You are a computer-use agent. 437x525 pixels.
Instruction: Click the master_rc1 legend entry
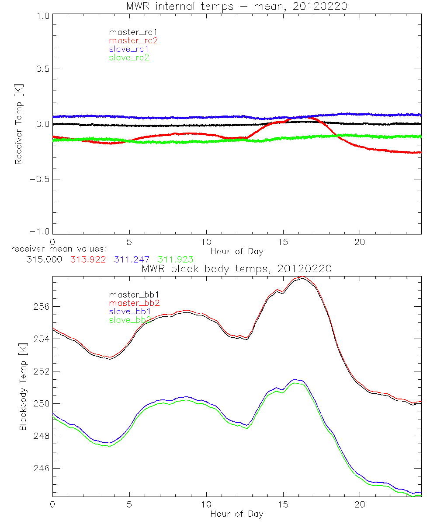click(x=129, y=32)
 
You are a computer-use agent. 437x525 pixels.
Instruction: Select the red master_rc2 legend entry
click(x=133, y=40)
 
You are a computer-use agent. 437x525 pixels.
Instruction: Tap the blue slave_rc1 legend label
click(x=129, y=49)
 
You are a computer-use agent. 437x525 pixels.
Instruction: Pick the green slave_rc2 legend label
click(x=129, y=57)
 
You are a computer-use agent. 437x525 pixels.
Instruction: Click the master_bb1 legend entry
click(x=129, y=294)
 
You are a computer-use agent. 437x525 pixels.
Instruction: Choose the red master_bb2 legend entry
click(x=134, y=303)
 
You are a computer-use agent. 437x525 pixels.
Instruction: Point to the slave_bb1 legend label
click(x=129, y=311)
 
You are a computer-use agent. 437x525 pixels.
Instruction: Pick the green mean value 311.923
click(x=176, y=259)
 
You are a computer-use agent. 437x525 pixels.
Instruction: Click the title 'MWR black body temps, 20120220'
click(x=236, y=269)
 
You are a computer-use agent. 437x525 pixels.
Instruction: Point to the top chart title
click(x=236, y=7)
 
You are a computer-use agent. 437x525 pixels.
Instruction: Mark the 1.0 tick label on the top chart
click(x=42, y=16)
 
